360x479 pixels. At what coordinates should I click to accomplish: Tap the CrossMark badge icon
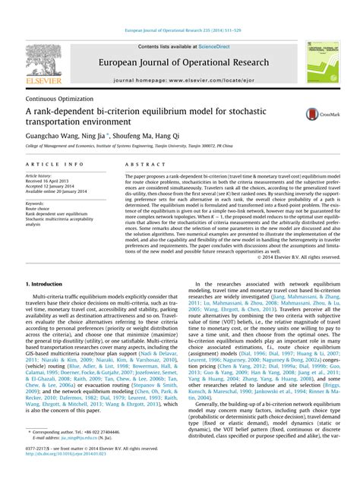[313, 113]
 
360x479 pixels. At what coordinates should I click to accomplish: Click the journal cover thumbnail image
[320, 63]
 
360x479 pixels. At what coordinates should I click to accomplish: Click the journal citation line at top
[179, 30]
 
